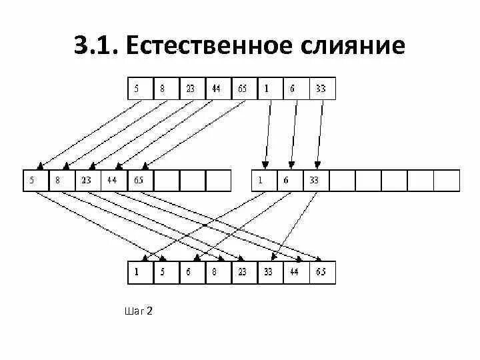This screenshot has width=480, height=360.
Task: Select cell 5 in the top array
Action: click(x=139, y=88)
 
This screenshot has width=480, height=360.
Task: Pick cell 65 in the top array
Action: click(x=244, y=88)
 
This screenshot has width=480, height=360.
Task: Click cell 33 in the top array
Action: click(x=322, y=88)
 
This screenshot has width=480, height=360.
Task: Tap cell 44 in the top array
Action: click(x=218, y=88)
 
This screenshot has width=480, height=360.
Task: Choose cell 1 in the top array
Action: click(x=270, y=88)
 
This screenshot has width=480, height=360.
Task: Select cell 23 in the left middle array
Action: click(x=87, y=180)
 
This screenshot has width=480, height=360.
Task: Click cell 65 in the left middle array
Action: click(x=139, y=180)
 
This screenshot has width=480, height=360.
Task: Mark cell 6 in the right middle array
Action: click(x=289, y=180)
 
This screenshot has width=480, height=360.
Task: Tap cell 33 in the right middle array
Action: click(x=315, y=180)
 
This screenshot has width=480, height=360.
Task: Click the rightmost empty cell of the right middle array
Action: click(x=446, y=180)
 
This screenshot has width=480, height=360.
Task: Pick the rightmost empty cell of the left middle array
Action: click(x=217, y=180)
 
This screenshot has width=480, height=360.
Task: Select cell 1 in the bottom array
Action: click(x=139, y=273)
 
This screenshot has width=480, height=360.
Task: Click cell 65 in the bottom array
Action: click(x=322, y=273)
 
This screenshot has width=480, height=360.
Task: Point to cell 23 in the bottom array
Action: click(x=244, y=273)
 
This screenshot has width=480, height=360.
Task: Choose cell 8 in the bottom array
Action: click(x=218, y=273)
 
